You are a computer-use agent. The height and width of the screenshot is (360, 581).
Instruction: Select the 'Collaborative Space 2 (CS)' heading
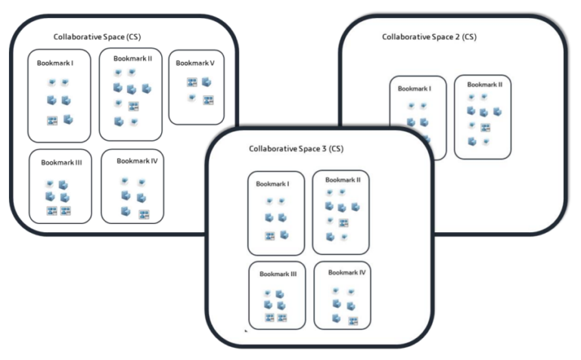pos(429,36)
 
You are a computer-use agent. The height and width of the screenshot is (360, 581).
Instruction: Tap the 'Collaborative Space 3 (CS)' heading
pos(296,148)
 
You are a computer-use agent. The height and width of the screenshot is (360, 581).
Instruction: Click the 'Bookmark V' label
pos(195,63)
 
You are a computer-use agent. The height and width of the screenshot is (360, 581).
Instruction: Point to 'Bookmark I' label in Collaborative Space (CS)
pos(55,63)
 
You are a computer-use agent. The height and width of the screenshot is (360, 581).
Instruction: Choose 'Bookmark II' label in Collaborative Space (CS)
pos(133,57)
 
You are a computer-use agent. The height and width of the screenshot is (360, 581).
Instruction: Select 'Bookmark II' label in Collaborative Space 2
pos(484,84)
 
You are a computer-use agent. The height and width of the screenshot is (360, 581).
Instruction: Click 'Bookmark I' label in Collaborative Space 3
pos(274,184)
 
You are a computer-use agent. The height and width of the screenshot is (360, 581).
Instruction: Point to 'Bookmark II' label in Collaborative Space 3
pos(342,180)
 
